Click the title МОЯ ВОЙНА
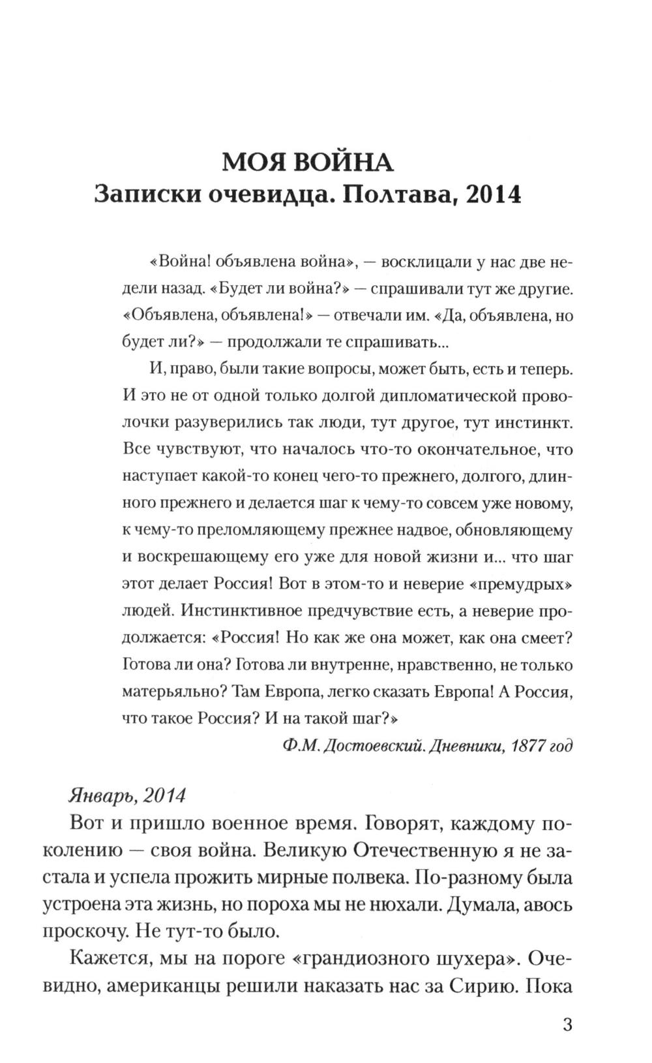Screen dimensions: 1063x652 [307, 162]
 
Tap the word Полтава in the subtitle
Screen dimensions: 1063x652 [392, 195]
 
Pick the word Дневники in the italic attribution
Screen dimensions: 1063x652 [457, 746]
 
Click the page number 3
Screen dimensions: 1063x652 [567, 1024]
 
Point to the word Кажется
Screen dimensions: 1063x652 [109, 959]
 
